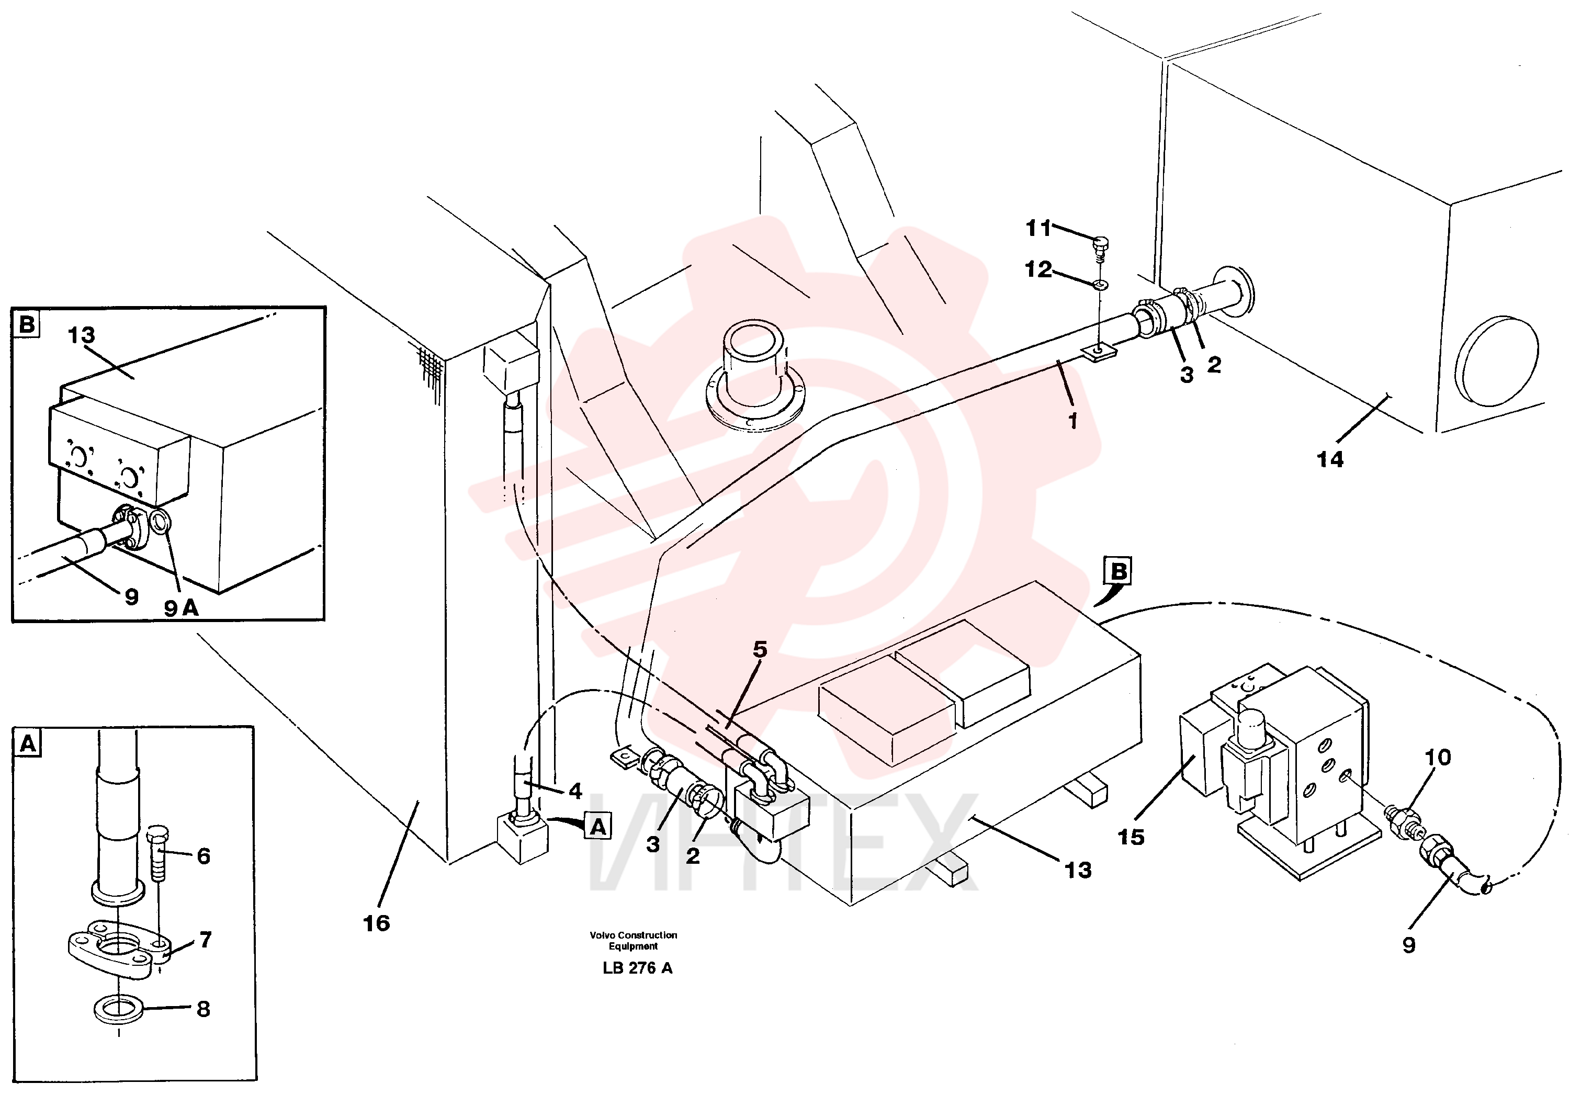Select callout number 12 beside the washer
[1038, 269]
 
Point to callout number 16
[376, 923]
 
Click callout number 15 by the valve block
[1131, 837]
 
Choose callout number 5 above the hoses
[760, 649]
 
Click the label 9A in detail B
[180, 607]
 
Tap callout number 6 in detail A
[203, 856]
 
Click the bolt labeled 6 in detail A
[156, 854]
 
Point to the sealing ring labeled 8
[118, 1010]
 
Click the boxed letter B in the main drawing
[1119, 571]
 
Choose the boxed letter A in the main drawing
[598, 827]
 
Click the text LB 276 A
[637, 968]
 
